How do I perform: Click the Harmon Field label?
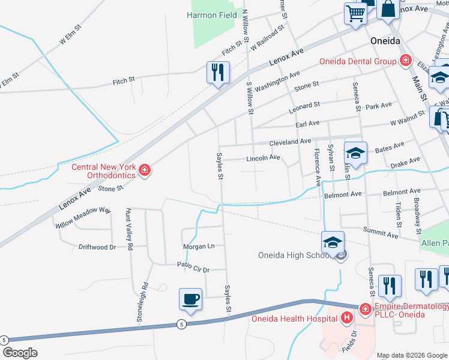click(x=210, y=14)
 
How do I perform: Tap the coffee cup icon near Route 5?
click(x=191, y=299)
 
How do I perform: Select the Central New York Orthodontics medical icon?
click(x=144, y=172)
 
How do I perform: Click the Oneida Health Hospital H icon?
click(x=347, y=317)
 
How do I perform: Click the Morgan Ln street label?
click(x=199, y=247)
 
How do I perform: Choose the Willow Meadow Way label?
click(x=83, y=218)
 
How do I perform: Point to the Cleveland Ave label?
click(x=290, y=142)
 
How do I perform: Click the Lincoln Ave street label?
click(x=264, y=158)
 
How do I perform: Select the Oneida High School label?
click(x=293, y=255)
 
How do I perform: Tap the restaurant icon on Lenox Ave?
click(x=217, y=73)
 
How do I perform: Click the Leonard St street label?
click(x=304, y=106)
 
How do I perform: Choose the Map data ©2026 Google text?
click(x=412, y=355)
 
